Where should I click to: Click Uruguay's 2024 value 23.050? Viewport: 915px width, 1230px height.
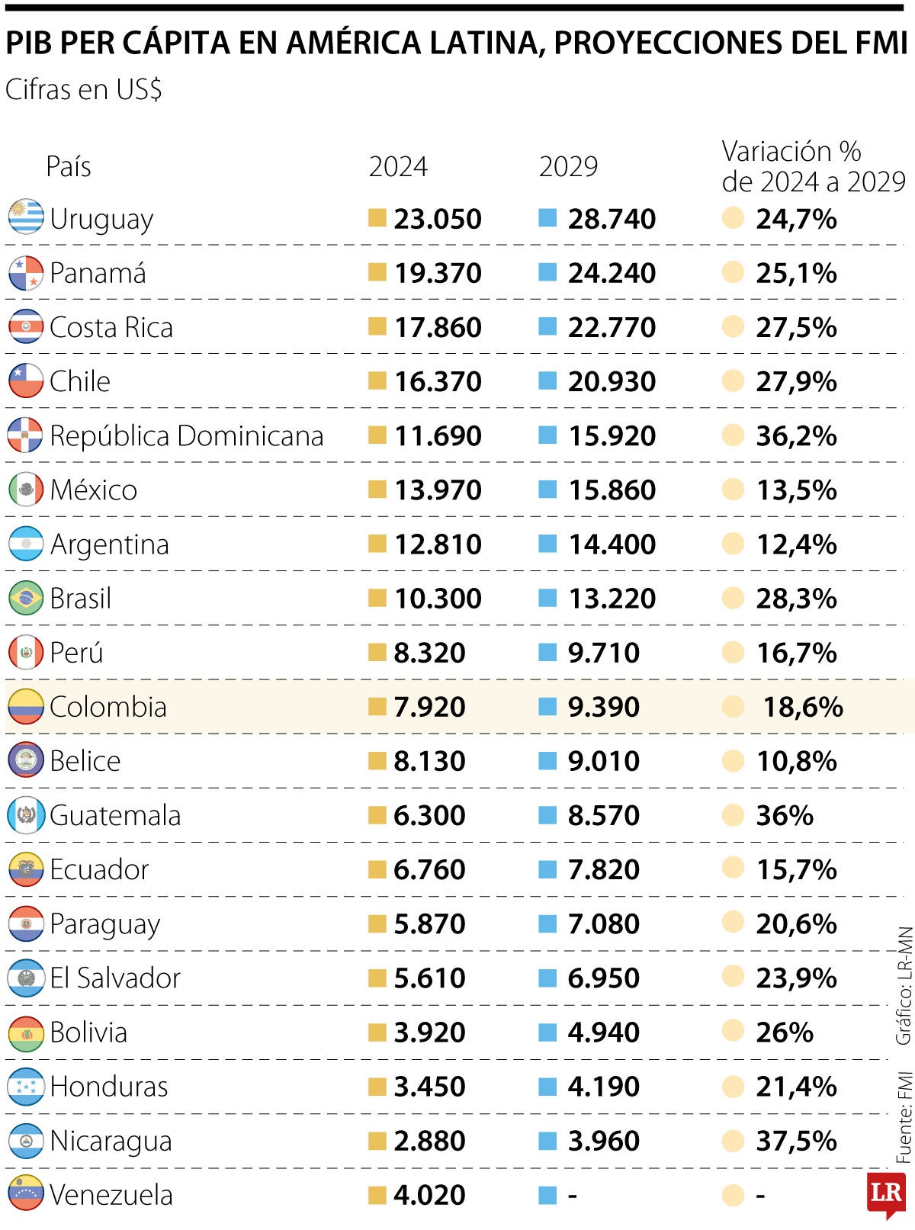click(438, 219)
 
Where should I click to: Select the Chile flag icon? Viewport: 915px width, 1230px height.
click(25, 381)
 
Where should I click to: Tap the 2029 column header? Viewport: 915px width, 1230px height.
click(568, 166)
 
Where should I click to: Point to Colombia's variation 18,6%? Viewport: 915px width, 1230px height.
click(803, 707)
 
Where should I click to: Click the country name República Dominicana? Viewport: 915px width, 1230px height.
click(186, 435)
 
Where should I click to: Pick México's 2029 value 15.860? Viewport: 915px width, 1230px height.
click(612, 490)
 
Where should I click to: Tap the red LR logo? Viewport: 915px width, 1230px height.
click(886, 1194)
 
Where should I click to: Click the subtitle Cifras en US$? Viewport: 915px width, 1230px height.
click(83, 90)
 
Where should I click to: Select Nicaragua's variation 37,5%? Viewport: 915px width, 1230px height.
click(796, 1141)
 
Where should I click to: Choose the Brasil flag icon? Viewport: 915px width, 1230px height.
click(25, 598)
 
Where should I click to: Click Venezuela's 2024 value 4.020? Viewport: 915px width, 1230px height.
click(429, 1195)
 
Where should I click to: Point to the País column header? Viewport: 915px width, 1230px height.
click(69, 166)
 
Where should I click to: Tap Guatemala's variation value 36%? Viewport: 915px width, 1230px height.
click(784, 815)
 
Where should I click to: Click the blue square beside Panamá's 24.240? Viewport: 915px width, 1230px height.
click(547, 272)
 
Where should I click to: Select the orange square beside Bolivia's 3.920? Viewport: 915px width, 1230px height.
click(377, 1032)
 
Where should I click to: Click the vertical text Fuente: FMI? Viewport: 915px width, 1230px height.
click(904, 1116)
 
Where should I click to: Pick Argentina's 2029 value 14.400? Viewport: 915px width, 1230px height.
click(612, 544)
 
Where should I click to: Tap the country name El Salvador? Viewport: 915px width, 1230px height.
click(115, 978)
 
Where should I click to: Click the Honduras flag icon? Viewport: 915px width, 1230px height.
click(25, 1086)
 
